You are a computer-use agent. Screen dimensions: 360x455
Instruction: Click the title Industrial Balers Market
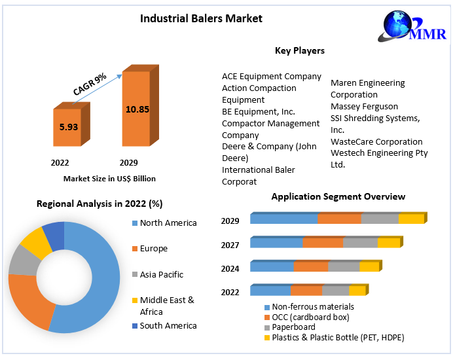click(201, 18)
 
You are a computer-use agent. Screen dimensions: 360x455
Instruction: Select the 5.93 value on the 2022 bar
click(69, 126)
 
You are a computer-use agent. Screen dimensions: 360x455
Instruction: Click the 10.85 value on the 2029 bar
click(137, 109)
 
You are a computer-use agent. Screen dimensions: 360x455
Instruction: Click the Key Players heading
click(299, 50)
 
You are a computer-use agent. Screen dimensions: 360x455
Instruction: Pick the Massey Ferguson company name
click(364, 106)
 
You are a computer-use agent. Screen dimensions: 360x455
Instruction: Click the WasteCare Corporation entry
click(376, 141)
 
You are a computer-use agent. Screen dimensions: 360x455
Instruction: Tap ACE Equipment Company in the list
click(272, 77)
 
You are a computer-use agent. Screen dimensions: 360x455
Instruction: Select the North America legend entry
click(168, 223)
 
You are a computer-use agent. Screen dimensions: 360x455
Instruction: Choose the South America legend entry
click(168, 326)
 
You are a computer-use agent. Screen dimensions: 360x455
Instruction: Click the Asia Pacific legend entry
click(161, 275)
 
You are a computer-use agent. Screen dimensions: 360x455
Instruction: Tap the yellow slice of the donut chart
click(35, 242)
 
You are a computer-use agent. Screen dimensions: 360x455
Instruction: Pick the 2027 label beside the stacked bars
click(230, 245)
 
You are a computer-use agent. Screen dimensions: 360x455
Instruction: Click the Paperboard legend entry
click(293, 327)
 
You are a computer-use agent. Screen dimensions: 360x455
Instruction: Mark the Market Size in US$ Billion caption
click(109, 179)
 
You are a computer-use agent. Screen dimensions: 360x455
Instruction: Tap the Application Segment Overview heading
click(338, 196)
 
